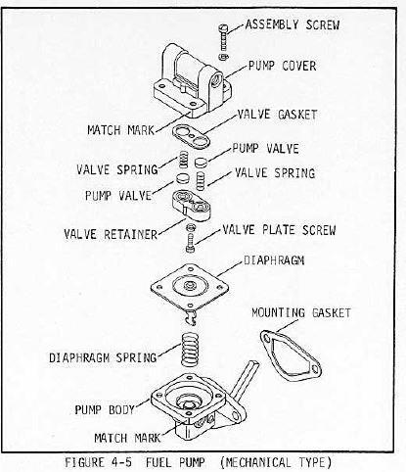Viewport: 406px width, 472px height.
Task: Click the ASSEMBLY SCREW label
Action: (x=292, y=24)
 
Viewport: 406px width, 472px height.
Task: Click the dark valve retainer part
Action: (x=197, y=205)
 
